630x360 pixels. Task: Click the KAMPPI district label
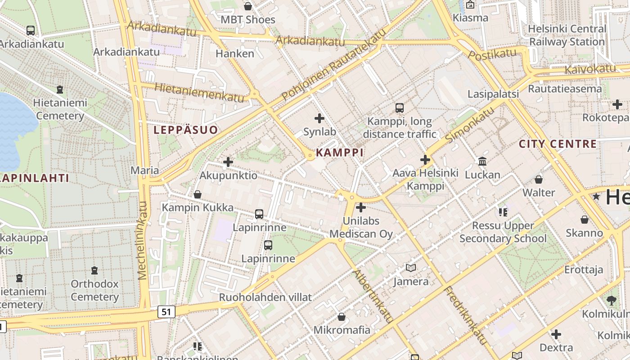pos(340,152)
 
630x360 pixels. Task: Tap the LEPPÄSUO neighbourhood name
pos(185,130)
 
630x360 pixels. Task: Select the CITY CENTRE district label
pos(558,144)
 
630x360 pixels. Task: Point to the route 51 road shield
pos(166,311)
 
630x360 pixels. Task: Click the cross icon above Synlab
pos(319,118)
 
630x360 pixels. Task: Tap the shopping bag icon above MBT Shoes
pos(247,6)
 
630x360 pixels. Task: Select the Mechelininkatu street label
pos(143,240)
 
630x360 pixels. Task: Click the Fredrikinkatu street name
pos(466,315)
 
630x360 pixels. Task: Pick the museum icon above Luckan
pos(482,161)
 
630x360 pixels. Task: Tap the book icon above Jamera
pos(410,268)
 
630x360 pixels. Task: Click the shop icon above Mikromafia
pos(342,317)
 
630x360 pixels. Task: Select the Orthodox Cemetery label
pos(94,290)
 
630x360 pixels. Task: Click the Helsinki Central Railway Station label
pos(567,35)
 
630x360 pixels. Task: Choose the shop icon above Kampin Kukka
pos(197,194)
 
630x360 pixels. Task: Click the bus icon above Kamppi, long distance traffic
pos(399,108)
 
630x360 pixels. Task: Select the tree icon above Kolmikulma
pos(611,300)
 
